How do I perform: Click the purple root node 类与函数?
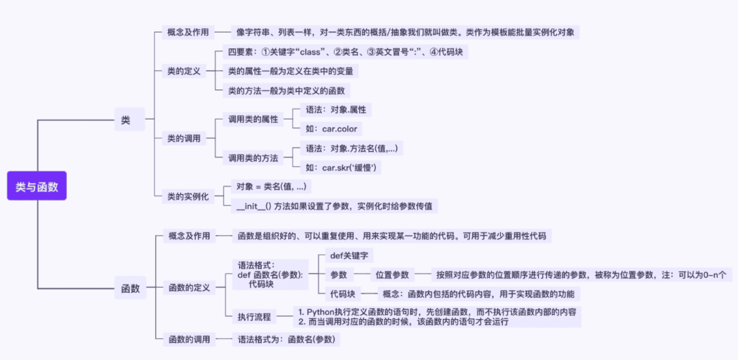pyautogui.click(x=37, y=186)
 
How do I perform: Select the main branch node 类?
pyautogui.click(x=126, y=120)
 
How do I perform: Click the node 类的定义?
pyautogui.click(x=184, y=70)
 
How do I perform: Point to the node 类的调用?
pyautogui.click(x=184, y=138)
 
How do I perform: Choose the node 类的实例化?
pyautogui.click(x=188, y=196)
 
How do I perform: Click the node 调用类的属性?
pyautogui.click(x=254, y=119)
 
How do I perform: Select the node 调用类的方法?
pyautogui.click(x=254, y=158)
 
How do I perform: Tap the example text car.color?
pyautogui.click(x=331, y=128)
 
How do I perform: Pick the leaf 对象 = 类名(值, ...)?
pyautogui.click(x=271, y=186)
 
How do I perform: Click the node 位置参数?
pyautogui.click(x=392, y=275)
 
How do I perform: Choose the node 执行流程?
pyautogui.click(x=254, y=317)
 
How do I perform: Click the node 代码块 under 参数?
pyautogui.click(x=342, y=294)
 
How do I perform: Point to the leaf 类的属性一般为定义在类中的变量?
pyautogui.click(x=292, y=70)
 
